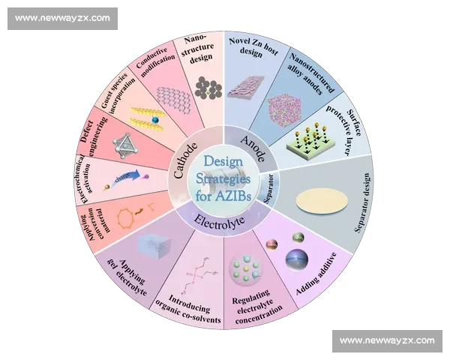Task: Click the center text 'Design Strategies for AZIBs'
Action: coord(224,181)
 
